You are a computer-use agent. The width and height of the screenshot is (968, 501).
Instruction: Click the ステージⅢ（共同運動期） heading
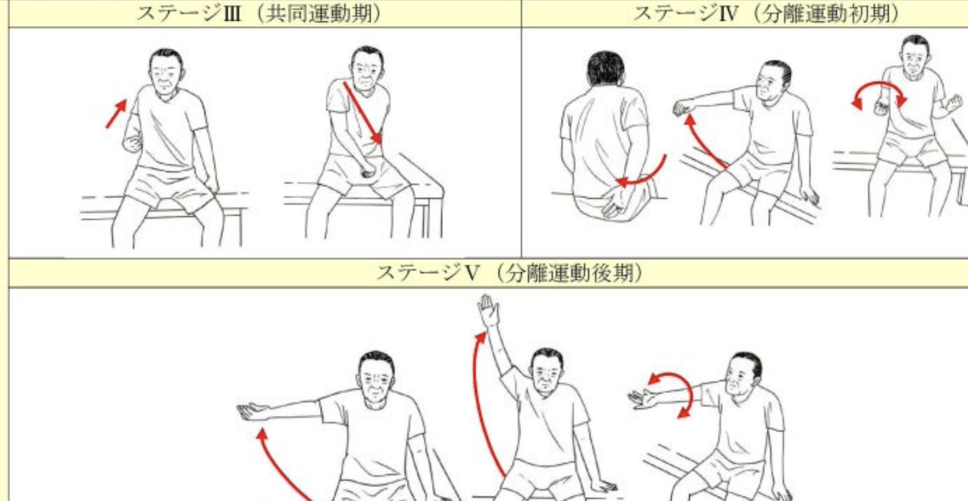(x=258, y=14)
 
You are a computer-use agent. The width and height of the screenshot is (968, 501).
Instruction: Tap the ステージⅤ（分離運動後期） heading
(x=510, y=274)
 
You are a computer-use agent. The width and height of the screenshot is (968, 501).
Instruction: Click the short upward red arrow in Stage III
(x=117, y=113)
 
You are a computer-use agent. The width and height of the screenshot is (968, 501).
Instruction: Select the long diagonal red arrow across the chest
(x=362, y=112)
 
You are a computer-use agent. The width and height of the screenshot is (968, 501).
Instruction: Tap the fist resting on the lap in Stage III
(x=368, y=171)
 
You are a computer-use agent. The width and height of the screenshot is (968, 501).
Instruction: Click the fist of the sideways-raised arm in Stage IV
(x=683, y=107)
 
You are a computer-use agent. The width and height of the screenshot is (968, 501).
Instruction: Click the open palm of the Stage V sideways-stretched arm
(x=252, y=411)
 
